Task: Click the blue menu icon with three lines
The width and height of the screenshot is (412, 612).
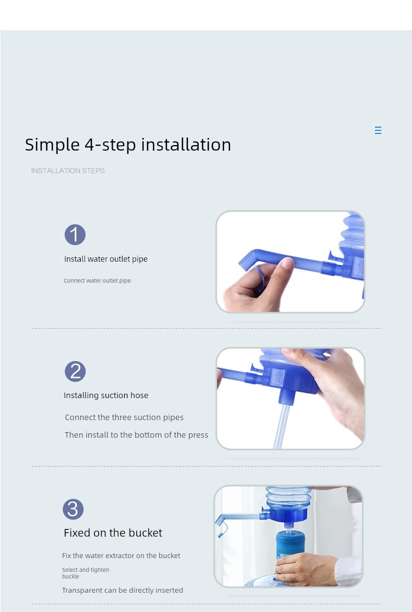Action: pos(378,130)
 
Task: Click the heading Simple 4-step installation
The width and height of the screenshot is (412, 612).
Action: pos(128,145)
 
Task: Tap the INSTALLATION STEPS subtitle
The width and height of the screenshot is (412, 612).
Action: pos(68,170)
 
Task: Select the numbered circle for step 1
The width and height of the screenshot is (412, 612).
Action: pos(75,235)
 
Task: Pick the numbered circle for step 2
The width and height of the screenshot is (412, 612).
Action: pos(75,371)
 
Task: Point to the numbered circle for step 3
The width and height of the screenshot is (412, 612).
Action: pos(73,509)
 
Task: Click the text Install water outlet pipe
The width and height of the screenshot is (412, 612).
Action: pos(105,259)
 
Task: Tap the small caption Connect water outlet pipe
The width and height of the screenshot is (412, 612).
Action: pos(97,280)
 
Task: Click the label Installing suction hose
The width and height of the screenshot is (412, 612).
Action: pos(106,395)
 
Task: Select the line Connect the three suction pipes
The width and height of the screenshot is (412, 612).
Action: pos(124,417)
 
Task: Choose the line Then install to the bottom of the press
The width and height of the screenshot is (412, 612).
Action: pos(136,435)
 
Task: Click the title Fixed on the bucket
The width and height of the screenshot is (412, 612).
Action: pos(113,533)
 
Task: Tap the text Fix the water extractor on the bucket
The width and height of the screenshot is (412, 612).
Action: pos(121,555)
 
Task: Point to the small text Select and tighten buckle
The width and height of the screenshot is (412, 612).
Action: pos(85,573)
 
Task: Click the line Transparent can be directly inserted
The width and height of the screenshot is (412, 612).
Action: pos(123,590)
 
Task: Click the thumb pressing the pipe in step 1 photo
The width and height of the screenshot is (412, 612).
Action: pos(282,273)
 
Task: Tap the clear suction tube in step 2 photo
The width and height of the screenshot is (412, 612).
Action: pos(282,426)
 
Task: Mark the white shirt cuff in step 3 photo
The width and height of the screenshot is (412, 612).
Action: pos(349,571)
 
